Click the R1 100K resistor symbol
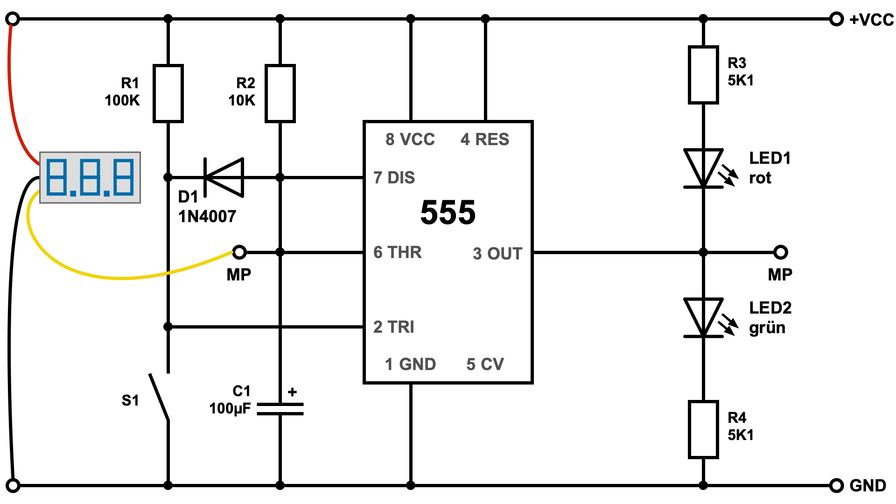(x=168, y=93)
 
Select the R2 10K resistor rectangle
(x=280, y=93)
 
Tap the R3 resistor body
(x=703, y=75)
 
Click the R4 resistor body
(x=703, y=429)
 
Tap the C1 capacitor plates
(x=280, y=409)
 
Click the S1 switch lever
(x=159, y=397)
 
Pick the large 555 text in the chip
(x=448, y=213)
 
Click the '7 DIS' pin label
(x=394, y=178)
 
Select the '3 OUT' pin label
(x=497, y=253)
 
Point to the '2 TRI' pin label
(x=394, y=327)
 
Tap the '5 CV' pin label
(x=485, y=364)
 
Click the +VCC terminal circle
(x=836, y=19)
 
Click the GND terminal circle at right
(x=836, y=485)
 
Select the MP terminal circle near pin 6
(x=239, y=252)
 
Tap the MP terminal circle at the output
(x=781, y=252)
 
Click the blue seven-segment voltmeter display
(x=90, y=177)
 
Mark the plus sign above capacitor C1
(x=293, y=392)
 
